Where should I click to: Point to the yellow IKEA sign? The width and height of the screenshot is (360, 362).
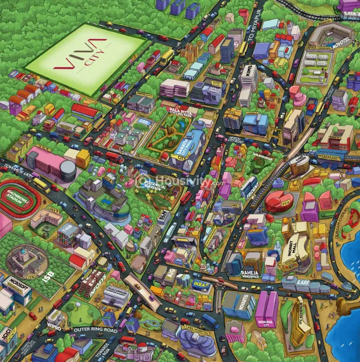point(200,284)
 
